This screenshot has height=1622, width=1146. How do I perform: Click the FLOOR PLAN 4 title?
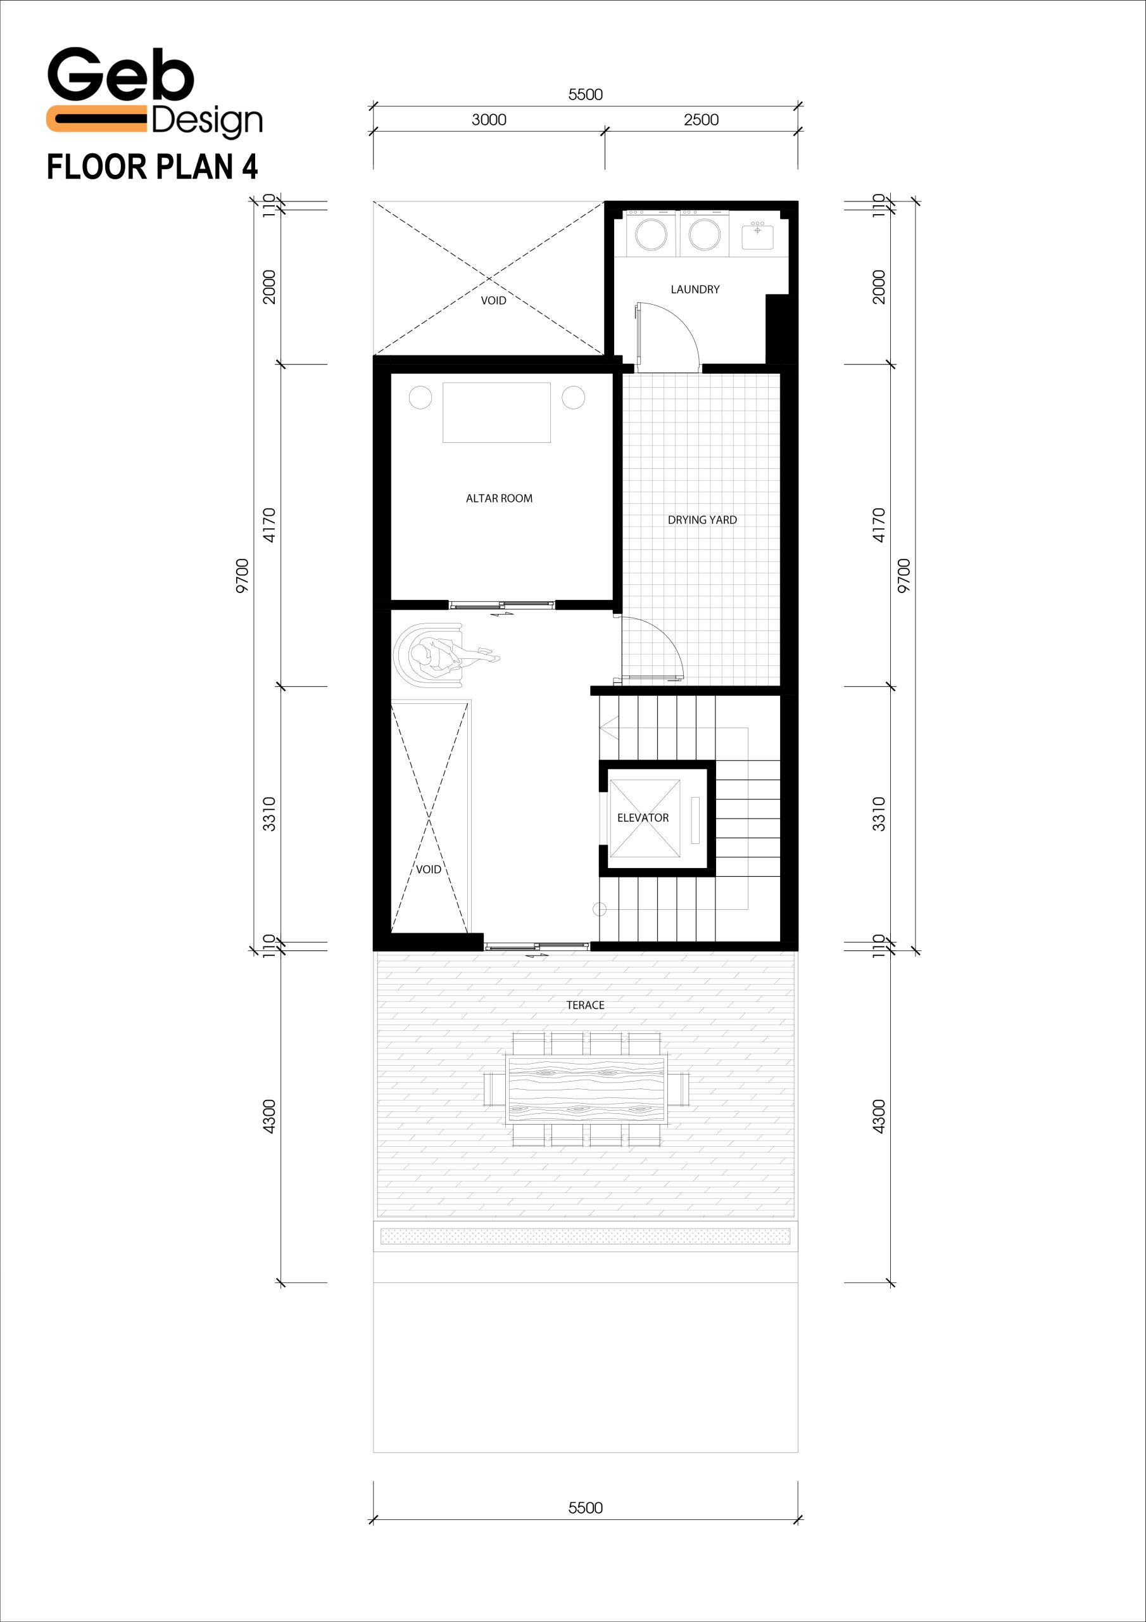[x=153, y=167]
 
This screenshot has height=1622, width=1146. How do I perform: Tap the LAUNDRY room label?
[x=695, y=290]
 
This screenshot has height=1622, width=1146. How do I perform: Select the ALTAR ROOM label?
[x=499, y=499]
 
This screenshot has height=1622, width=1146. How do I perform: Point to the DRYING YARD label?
[x=702, y=520]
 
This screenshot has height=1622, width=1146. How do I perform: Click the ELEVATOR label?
[x=643, y=818]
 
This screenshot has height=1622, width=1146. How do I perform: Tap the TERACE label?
[x=586, y=1006]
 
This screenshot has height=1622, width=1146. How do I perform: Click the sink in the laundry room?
[x=757, y=235]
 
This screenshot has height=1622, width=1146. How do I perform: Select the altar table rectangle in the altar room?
[x=496, y=412]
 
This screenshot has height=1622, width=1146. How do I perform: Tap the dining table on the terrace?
[x=586, y=1089]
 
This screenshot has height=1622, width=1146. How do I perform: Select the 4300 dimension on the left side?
[x=269, y=1117]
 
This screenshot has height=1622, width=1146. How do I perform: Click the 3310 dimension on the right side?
[x=878, y=814]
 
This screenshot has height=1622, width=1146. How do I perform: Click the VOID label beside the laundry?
[x=494, y=301]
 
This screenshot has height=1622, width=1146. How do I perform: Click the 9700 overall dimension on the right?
[x=904, y=576]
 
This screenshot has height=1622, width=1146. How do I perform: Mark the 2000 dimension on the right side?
[x=878, y=287]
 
